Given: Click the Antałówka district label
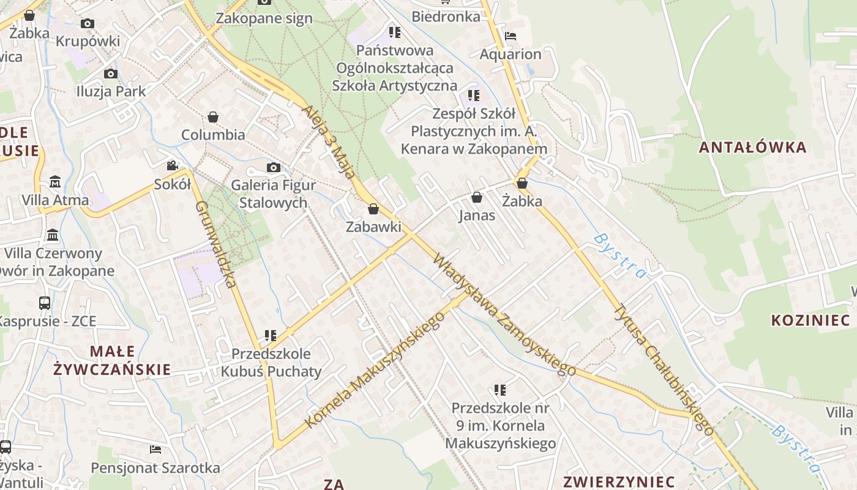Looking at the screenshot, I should click(x=752, y=147).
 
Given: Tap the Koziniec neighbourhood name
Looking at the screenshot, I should click(x=810, y=320).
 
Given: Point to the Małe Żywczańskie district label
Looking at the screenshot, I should click(x=112, y=360).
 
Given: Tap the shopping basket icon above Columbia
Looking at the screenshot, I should click(x=213, y=116).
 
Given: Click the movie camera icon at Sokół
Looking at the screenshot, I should click(x=172, y=165).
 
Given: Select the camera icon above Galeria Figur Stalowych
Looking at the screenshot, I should click(x=273, y=167).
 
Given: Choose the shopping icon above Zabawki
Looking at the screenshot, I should click(x=373, y=209).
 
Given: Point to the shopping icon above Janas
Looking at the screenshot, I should click(x=477, y=197).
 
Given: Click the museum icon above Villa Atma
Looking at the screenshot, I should click(x=55, y=182).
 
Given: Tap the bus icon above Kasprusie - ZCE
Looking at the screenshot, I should click(x=45, y=303).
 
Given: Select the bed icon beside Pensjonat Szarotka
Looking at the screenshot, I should click(x=155, y=450).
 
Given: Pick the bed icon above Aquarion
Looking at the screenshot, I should click(x=511, y=36).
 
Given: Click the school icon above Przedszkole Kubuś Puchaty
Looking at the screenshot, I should click(x=271, y=335).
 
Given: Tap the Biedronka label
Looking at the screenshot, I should click(x=446, y=17).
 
